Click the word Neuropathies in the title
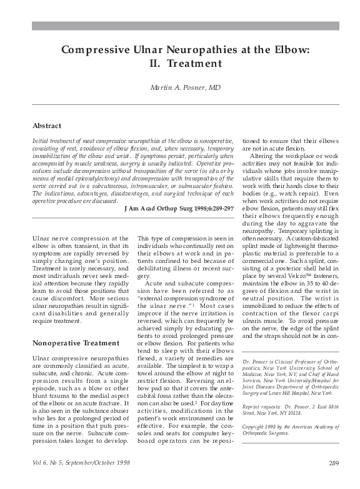pos(192,50)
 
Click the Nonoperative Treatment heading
pos(75,343)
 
